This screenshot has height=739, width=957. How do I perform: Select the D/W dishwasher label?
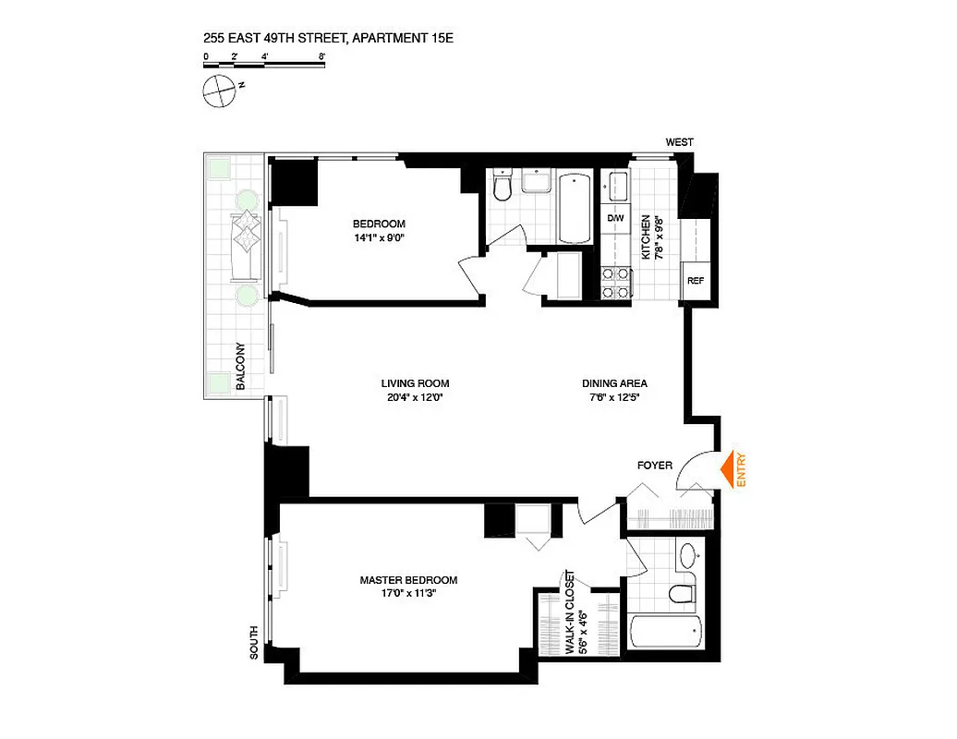pyautogui.click(x=615, y=218)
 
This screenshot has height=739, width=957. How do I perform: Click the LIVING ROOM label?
pyautogui.click(x=415, y=383)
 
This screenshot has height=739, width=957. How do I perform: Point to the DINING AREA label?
pyautogui.click(x=614, y=383)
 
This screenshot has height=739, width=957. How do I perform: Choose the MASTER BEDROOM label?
pyautogui.click(x=408, y=580)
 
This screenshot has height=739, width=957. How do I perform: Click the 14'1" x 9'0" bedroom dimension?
pyautogui.click(x=379, y=237)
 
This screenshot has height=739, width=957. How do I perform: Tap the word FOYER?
pyautogui.click(x=655, y=465)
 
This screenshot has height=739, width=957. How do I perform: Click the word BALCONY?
pyautogui.click(x=240, y=367)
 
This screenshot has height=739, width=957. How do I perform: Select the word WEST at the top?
pyautogui.click(x=679, y=142)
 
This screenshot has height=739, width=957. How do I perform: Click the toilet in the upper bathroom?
pyautogui.click(x=503, y=188)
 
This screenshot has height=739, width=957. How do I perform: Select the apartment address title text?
pyautogui.click(x=330, y=39)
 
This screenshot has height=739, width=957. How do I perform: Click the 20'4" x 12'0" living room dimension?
pyautogui.click(x=415, y=398)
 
